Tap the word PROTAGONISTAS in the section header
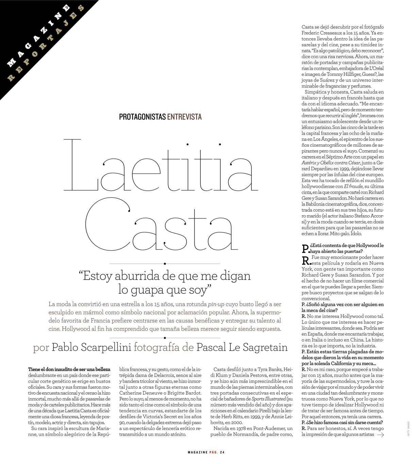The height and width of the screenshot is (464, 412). [143, 117]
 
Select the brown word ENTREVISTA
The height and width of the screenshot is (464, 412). [184, 117]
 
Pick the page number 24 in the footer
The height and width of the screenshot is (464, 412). [222, 452]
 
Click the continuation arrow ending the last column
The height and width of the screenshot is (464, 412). [380, 434]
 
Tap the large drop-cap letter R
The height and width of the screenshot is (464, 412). [306, 261]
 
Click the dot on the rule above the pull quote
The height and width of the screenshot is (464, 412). [165, 264]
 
